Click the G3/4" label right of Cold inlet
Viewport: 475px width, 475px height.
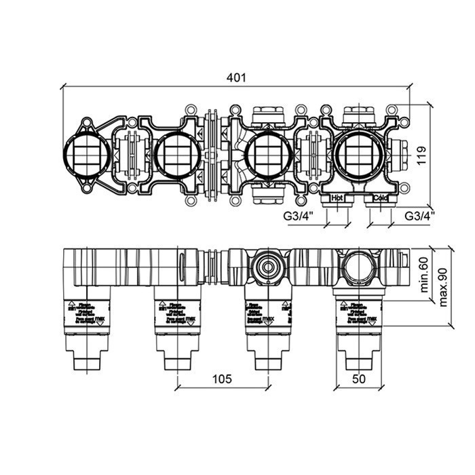click(419, 215)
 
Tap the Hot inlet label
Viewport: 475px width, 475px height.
click(337, 198)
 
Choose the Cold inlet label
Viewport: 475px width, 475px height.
click(381, 198)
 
